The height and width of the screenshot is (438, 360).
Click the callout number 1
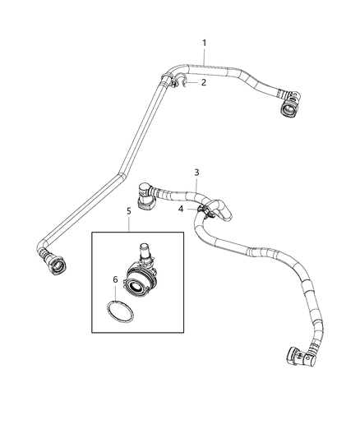tap(205, 43)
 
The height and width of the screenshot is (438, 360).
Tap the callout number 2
tap(205, 83)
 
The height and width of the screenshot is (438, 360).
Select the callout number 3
tap(196, 172)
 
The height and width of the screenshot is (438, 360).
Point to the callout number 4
tap(181, 210)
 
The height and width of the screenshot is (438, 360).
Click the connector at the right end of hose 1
tap(288, 104)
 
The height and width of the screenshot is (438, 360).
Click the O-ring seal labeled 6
tap(120, 312)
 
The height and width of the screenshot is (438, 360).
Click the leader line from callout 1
tap(205, 55)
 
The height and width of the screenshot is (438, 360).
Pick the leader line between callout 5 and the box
tap(128, 224)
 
